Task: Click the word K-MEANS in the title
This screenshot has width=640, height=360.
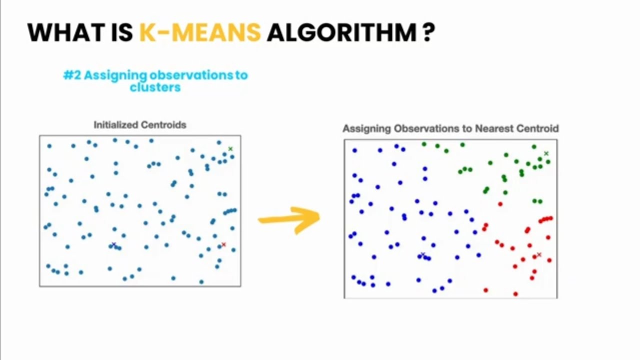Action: pos(199,32)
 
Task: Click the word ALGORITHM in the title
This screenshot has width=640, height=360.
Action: pos(341,32)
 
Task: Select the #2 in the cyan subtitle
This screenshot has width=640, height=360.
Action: pos(72,75)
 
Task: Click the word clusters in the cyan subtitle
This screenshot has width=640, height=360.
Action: pos(155,87)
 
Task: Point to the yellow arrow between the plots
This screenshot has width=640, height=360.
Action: pos(290,219)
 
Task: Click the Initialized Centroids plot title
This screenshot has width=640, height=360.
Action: pos(140,125)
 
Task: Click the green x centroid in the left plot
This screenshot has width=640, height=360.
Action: pos(230,148)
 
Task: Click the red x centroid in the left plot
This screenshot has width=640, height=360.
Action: pos(223,244)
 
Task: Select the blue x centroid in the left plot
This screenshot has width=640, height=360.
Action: pos(113,244)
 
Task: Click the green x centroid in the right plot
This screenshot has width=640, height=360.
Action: pos(546,153)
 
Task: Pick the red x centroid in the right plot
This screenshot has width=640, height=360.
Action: pos(539,255)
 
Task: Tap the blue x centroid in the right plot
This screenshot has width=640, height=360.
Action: pos(423,255)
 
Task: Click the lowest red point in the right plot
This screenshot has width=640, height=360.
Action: pos(515,294)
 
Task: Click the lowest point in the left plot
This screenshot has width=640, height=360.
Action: pos(201,282)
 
